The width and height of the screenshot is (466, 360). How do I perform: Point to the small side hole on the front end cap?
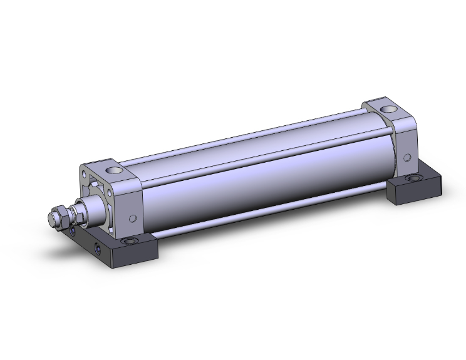132,219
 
